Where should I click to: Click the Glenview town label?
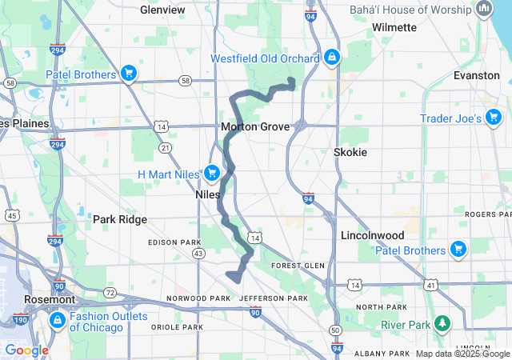point(162,10)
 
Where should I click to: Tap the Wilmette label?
point(394,27)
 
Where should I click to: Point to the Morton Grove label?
point(254,126)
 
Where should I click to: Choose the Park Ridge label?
point(117,219)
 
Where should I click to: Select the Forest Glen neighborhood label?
point(297,266)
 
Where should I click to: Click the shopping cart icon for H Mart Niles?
point(212,173)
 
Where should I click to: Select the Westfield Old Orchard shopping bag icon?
point(332,58)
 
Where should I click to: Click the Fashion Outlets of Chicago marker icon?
point(57,321)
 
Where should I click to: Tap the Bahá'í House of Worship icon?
point(483,10)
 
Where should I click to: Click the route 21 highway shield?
point(165,148)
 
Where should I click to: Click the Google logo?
point(26,350)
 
